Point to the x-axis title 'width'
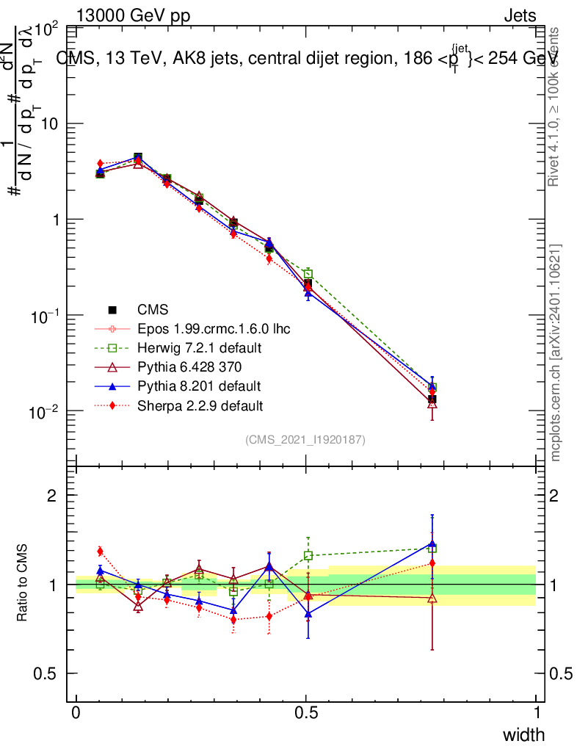coord(523,734)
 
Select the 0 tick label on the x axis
coord(76,712)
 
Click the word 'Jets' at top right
coord(520,15)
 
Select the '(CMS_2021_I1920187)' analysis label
coord(305,440)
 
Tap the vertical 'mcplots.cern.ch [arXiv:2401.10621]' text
coord(556,352)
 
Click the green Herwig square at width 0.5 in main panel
coord(308,274)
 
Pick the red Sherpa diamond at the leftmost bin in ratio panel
coord(101,551)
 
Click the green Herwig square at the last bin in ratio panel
coord(432,548)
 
